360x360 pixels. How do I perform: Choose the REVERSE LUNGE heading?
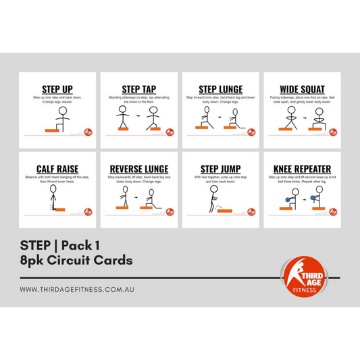coord(139,170)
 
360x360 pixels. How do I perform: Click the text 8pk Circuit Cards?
coord(76,259)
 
